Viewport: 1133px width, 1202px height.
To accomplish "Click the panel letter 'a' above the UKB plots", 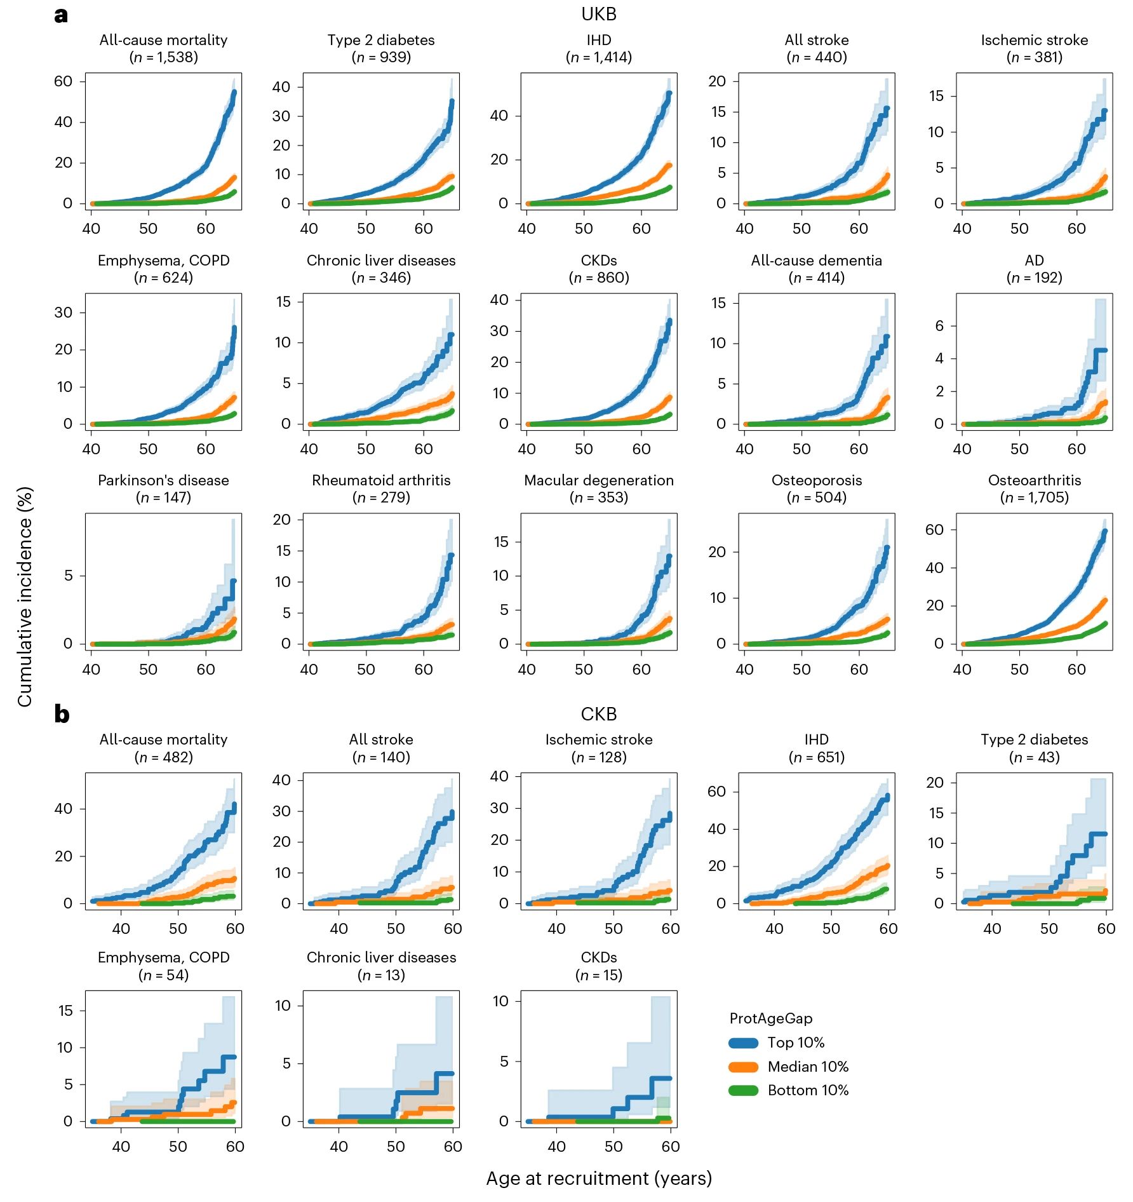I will coord(61,15).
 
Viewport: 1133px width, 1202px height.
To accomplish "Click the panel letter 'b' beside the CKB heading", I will coord(62,715).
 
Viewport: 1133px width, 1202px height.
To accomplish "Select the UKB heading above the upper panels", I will coord(598,14).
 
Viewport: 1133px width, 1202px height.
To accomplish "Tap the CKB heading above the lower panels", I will coord(598,714).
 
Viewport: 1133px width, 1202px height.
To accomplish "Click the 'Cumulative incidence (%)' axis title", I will coord(25,597).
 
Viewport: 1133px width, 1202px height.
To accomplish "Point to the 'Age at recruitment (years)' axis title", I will coord(598,1178).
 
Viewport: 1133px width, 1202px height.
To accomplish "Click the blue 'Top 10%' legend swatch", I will coord(743,1043).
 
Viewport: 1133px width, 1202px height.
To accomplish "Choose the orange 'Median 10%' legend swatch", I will coord(743,1067).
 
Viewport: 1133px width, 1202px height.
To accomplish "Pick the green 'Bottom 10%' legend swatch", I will coord(743,1090).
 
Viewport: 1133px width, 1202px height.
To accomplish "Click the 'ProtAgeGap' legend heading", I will coord(770,1018).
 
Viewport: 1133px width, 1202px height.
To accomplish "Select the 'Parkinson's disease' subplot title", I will coord(163,480).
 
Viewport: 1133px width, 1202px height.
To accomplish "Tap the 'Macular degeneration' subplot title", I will coord(598,480).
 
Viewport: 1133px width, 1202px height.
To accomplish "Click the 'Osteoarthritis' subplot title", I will coord(1034,480).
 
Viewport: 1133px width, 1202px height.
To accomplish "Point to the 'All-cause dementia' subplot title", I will coord(816,260).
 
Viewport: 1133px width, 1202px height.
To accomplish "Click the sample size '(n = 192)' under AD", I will coord(1034,278).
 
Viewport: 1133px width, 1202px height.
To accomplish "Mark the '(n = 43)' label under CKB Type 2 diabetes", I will coord(1034,757).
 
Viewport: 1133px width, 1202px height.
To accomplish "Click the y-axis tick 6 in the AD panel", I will coord(939,326).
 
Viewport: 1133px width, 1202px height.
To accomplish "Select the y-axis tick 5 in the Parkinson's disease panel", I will coord(68,576).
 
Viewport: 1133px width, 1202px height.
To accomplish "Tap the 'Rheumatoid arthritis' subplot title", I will coord(381,480).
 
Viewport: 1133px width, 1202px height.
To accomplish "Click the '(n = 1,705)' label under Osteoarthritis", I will coord(1034,497).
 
